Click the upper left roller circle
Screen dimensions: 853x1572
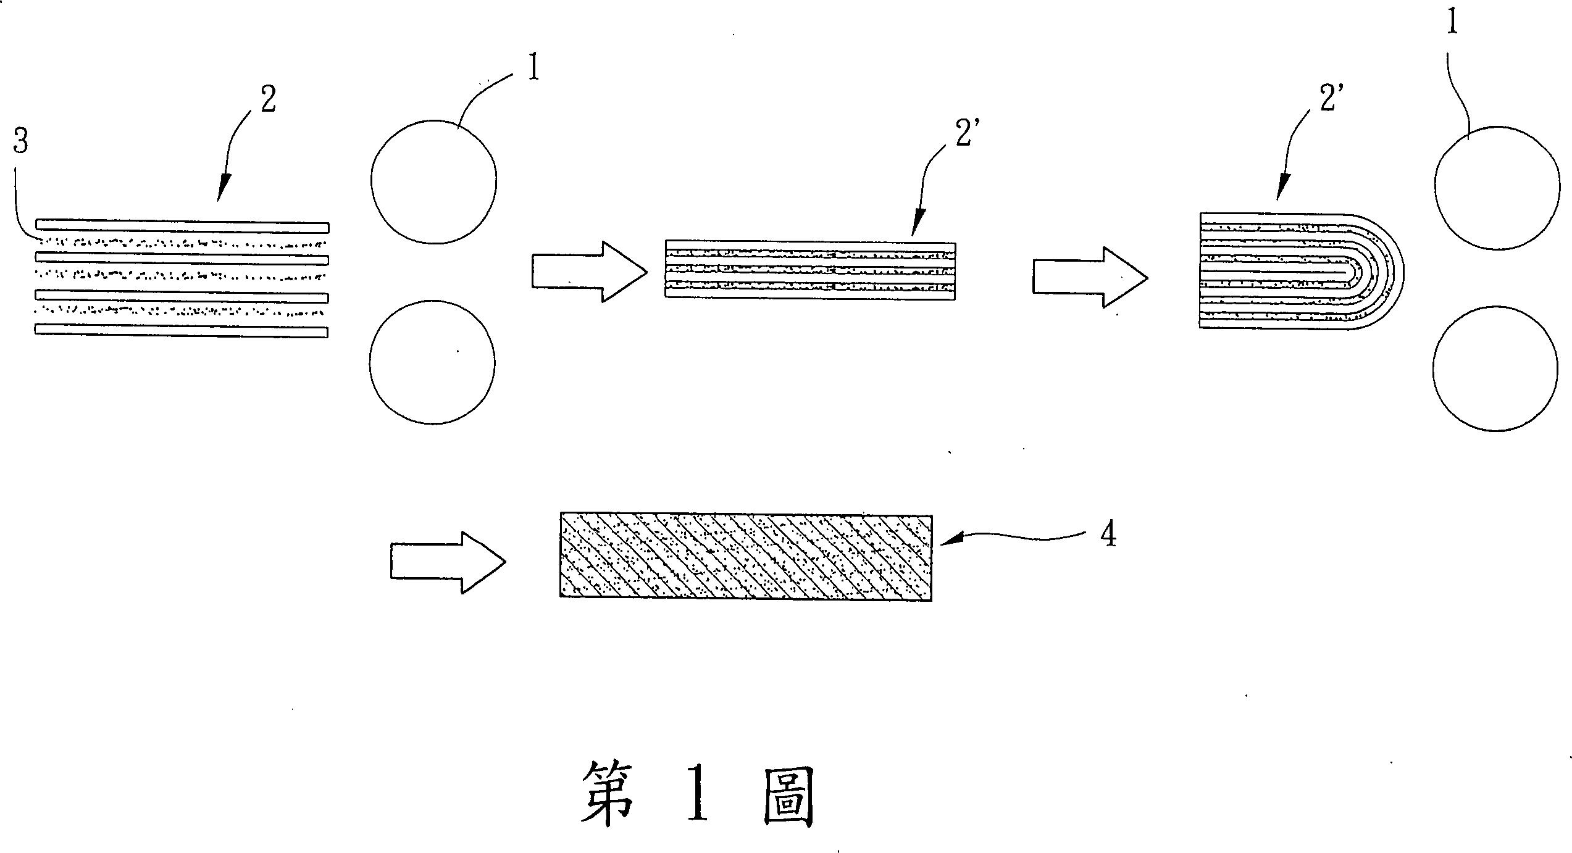433,181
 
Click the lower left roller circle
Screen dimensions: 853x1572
432,362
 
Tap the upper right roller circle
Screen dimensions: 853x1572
1497,188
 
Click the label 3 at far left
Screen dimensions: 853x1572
21,143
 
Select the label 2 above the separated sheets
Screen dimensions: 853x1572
268,99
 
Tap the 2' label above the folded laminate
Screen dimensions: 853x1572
1328,99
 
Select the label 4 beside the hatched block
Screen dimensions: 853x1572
1108,535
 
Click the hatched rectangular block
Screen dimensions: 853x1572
746,557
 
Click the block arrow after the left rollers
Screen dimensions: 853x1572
589,272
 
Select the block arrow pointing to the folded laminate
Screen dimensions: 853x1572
1090,277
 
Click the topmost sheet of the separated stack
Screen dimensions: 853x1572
182,225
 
